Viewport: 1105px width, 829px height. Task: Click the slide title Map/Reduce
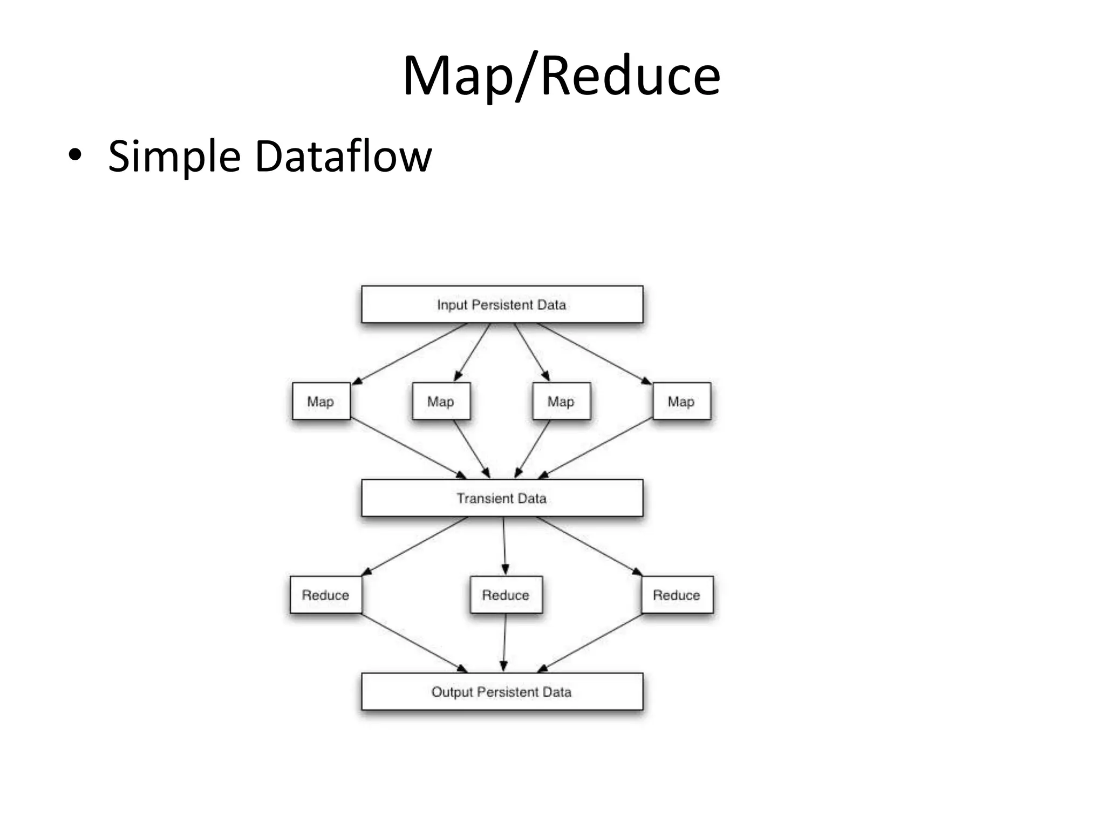click(561, 76)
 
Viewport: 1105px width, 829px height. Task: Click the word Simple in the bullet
click(174, 157)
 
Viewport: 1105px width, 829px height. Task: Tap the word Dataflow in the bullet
click(343, 157)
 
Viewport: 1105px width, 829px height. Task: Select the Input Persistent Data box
click(502, 304)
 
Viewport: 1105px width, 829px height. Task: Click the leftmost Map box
click(320, 401)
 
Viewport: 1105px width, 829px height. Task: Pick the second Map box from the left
click(441, 401)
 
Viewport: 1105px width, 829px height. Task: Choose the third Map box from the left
click(561, 401)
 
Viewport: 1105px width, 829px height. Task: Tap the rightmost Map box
click(681, 401)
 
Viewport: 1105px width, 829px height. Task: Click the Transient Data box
click(502, 498)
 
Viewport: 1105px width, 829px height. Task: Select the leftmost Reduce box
click(325, 595)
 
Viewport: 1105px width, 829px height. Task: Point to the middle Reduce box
click(506, 595)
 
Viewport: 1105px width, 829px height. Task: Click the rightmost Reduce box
click(677, 595)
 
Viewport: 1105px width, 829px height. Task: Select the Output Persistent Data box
click(502, 691)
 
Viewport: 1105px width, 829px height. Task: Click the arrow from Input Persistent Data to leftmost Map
click(410, 354)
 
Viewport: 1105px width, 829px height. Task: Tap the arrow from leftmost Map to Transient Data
click(408, 449)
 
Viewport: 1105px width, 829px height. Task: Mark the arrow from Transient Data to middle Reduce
click(504, 545)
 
